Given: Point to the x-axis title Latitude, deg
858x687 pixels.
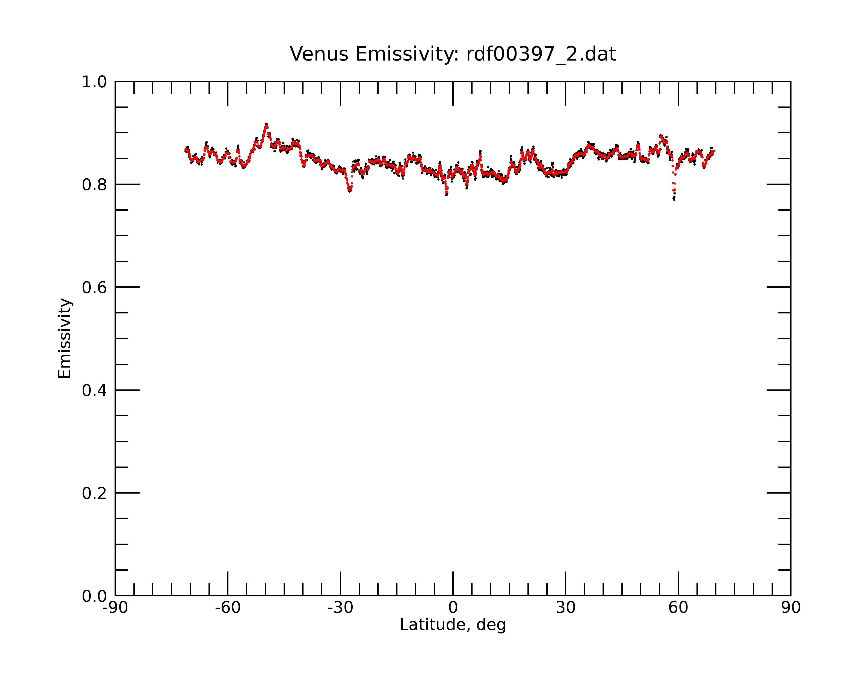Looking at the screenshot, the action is pos(453,625).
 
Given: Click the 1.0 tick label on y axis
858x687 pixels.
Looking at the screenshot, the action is pos(94,82).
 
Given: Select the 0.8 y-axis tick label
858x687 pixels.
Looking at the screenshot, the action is pos(94,185).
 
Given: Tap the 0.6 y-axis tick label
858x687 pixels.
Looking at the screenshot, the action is pos(94,287).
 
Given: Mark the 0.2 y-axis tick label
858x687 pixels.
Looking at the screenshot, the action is pos(94,493).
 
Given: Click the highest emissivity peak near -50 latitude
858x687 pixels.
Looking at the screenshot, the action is pos(266,125).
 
